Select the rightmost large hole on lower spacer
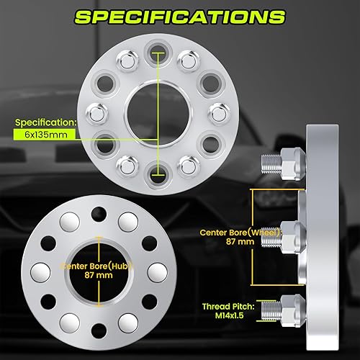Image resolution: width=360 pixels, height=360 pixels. coord(155,271)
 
